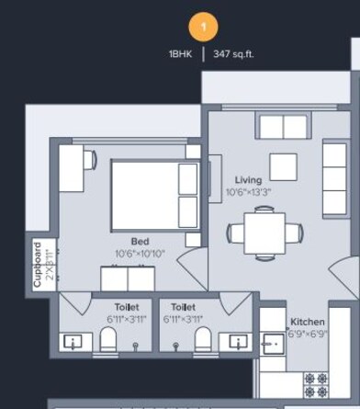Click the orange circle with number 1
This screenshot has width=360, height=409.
[x=203, y=25]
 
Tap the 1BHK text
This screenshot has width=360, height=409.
[x=180, y=54]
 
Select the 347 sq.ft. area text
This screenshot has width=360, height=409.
[x=233, y=54]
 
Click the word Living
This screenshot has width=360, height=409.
[x=248, y=180]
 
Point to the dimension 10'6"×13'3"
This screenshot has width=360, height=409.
[x=249, y=193]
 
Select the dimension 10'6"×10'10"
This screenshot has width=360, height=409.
[x=141, y=253]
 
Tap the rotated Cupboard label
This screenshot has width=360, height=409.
[x=38, y=265]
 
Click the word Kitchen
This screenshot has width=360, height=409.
[x=308, y=322]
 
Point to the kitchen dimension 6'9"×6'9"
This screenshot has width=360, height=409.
[x=308, y=334]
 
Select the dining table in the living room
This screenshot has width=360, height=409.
[x=264, y=231]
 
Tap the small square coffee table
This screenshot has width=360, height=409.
[x=283, y=166]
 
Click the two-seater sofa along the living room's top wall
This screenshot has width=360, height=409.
[x=282, y=127]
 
